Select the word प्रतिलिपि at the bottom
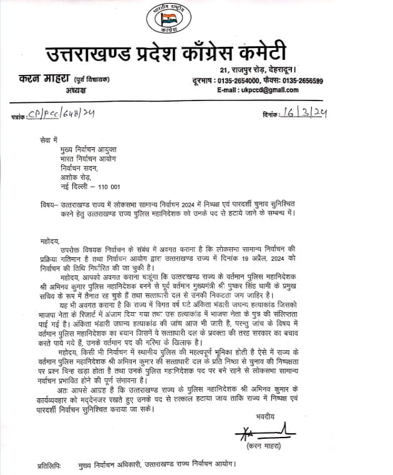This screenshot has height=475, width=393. coord(38,465)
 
